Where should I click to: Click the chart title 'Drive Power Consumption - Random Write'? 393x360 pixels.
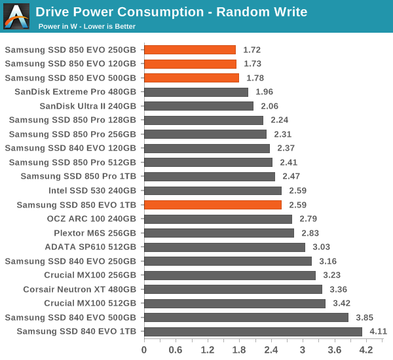171,12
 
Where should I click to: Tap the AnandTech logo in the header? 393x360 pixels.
16,16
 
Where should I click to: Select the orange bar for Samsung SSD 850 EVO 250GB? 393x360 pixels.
190,50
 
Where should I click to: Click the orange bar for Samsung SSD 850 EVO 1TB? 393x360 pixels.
213,205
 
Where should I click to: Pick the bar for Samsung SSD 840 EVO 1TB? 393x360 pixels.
253,332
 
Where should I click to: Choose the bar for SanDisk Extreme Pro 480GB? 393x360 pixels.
196,92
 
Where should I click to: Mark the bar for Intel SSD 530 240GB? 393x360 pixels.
213,191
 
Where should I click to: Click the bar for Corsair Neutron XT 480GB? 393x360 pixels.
233,289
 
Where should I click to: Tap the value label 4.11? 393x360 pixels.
377,332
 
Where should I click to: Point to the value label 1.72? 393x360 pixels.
252,50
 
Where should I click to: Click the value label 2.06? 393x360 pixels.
270,106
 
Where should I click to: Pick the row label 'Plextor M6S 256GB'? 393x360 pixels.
95,233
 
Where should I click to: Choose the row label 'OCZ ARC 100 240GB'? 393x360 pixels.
92,219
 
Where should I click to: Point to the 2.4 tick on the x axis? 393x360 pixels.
271,350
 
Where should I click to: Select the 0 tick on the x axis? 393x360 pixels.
144,350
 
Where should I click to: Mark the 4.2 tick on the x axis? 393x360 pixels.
366,350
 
